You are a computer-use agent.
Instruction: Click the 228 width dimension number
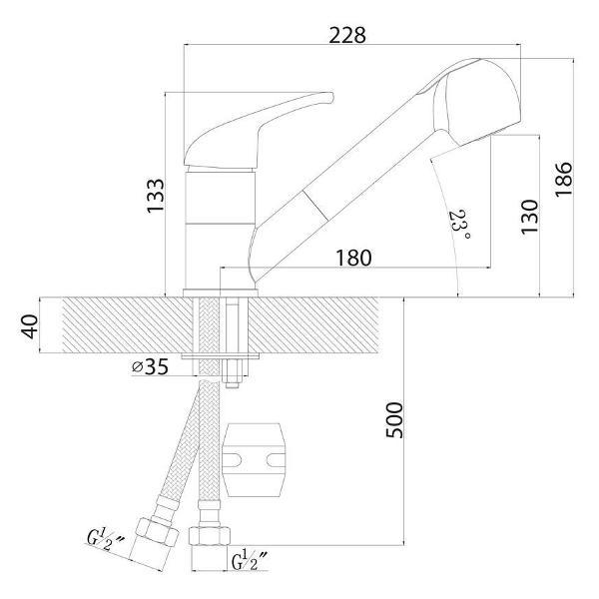pos(347,36)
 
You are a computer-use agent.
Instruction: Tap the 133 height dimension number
pos(156,196)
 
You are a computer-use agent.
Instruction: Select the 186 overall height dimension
pos(563,179)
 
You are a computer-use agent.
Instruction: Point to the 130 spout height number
pos(529,217)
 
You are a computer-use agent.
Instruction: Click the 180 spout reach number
pos(353,258)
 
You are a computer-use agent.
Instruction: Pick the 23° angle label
pos(459,225)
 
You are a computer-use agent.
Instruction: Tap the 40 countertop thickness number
pos(30,326)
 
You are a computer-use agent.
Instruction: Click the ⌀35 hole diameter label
pos(150,367)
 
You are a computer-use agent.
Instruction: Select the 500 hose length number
pos(394,420)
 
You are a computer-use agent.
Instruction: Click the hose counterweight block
pos(254,459)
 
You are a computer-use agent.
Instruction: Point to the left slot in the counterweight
pos(232,460)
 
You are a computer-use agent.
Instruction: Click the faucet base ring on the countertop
pos(221,293)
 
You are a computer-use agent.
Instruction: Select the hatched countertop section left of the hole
pos(127,324)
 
